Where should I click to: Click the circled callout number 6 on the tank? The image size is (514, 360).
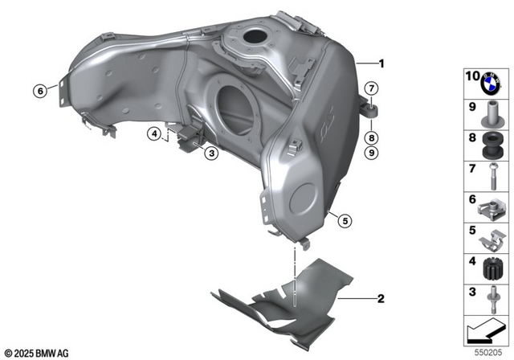[x=38, y=90]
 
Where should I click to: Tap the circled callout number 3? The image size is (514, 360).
[x=210, y=152]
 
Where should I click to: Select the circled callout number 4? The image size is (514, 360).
[x=154, y=134]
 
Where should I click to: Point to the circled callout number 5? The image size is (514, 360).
[x=345, y=219]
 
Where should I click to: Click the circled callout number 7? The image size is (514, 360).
[x=372, y=88]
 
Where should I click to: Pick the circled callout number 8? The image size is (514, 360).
[x=372, y=137]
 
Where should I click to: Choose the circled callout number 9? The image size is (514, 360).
[x=372, y=152]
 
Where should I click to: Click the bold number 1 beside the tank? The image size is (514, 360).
[x=382, y=63]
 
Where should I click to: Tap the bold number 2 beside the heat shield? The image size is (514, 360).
[x=381, y=298]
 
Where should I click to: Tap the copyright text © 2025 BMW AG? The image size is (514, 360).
[x=38, y=352]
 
